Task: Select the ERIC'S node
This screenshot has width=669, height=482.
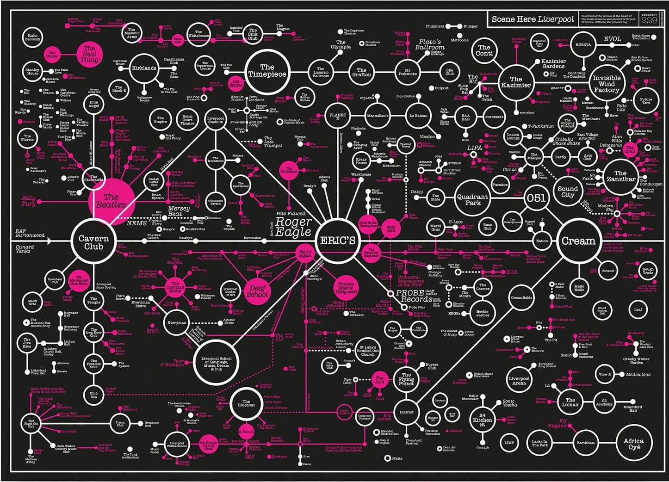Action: [x=338, y=240]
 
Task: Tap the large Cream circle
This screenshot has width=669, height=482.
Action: [x=578, y=241]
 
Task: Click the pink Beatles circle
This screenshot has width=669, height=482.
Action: [x=111, y=201]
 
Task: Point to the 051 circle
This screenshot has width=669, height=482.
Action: [x=536, y=198]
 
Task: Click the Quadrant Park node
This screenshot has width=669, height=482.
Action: [x=472, y=199]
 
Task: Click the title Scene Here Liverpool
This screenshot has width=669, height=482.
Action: [x=533, y=19]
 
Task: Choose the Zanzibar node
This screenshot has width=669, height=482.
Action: [x=620, y=176]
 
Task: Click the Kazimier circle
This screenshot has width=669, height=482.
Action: [x=516, y=82]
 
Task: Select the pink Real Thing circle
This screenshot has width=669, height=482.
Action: [x=89, y=54]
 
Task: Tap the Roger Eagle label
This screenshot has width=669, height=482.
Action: [x=293, y=226]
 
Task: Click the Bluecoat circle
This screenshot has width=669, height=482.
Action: [x=246, y=403]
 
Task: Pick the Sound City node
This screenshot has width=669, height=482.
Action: [x=568, y=192]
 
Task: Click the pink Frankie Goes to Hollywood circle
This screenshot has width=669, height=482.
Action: [x=346, y=288]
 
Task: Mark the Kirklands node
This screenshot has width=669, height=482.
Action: [x=144, y=68]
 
